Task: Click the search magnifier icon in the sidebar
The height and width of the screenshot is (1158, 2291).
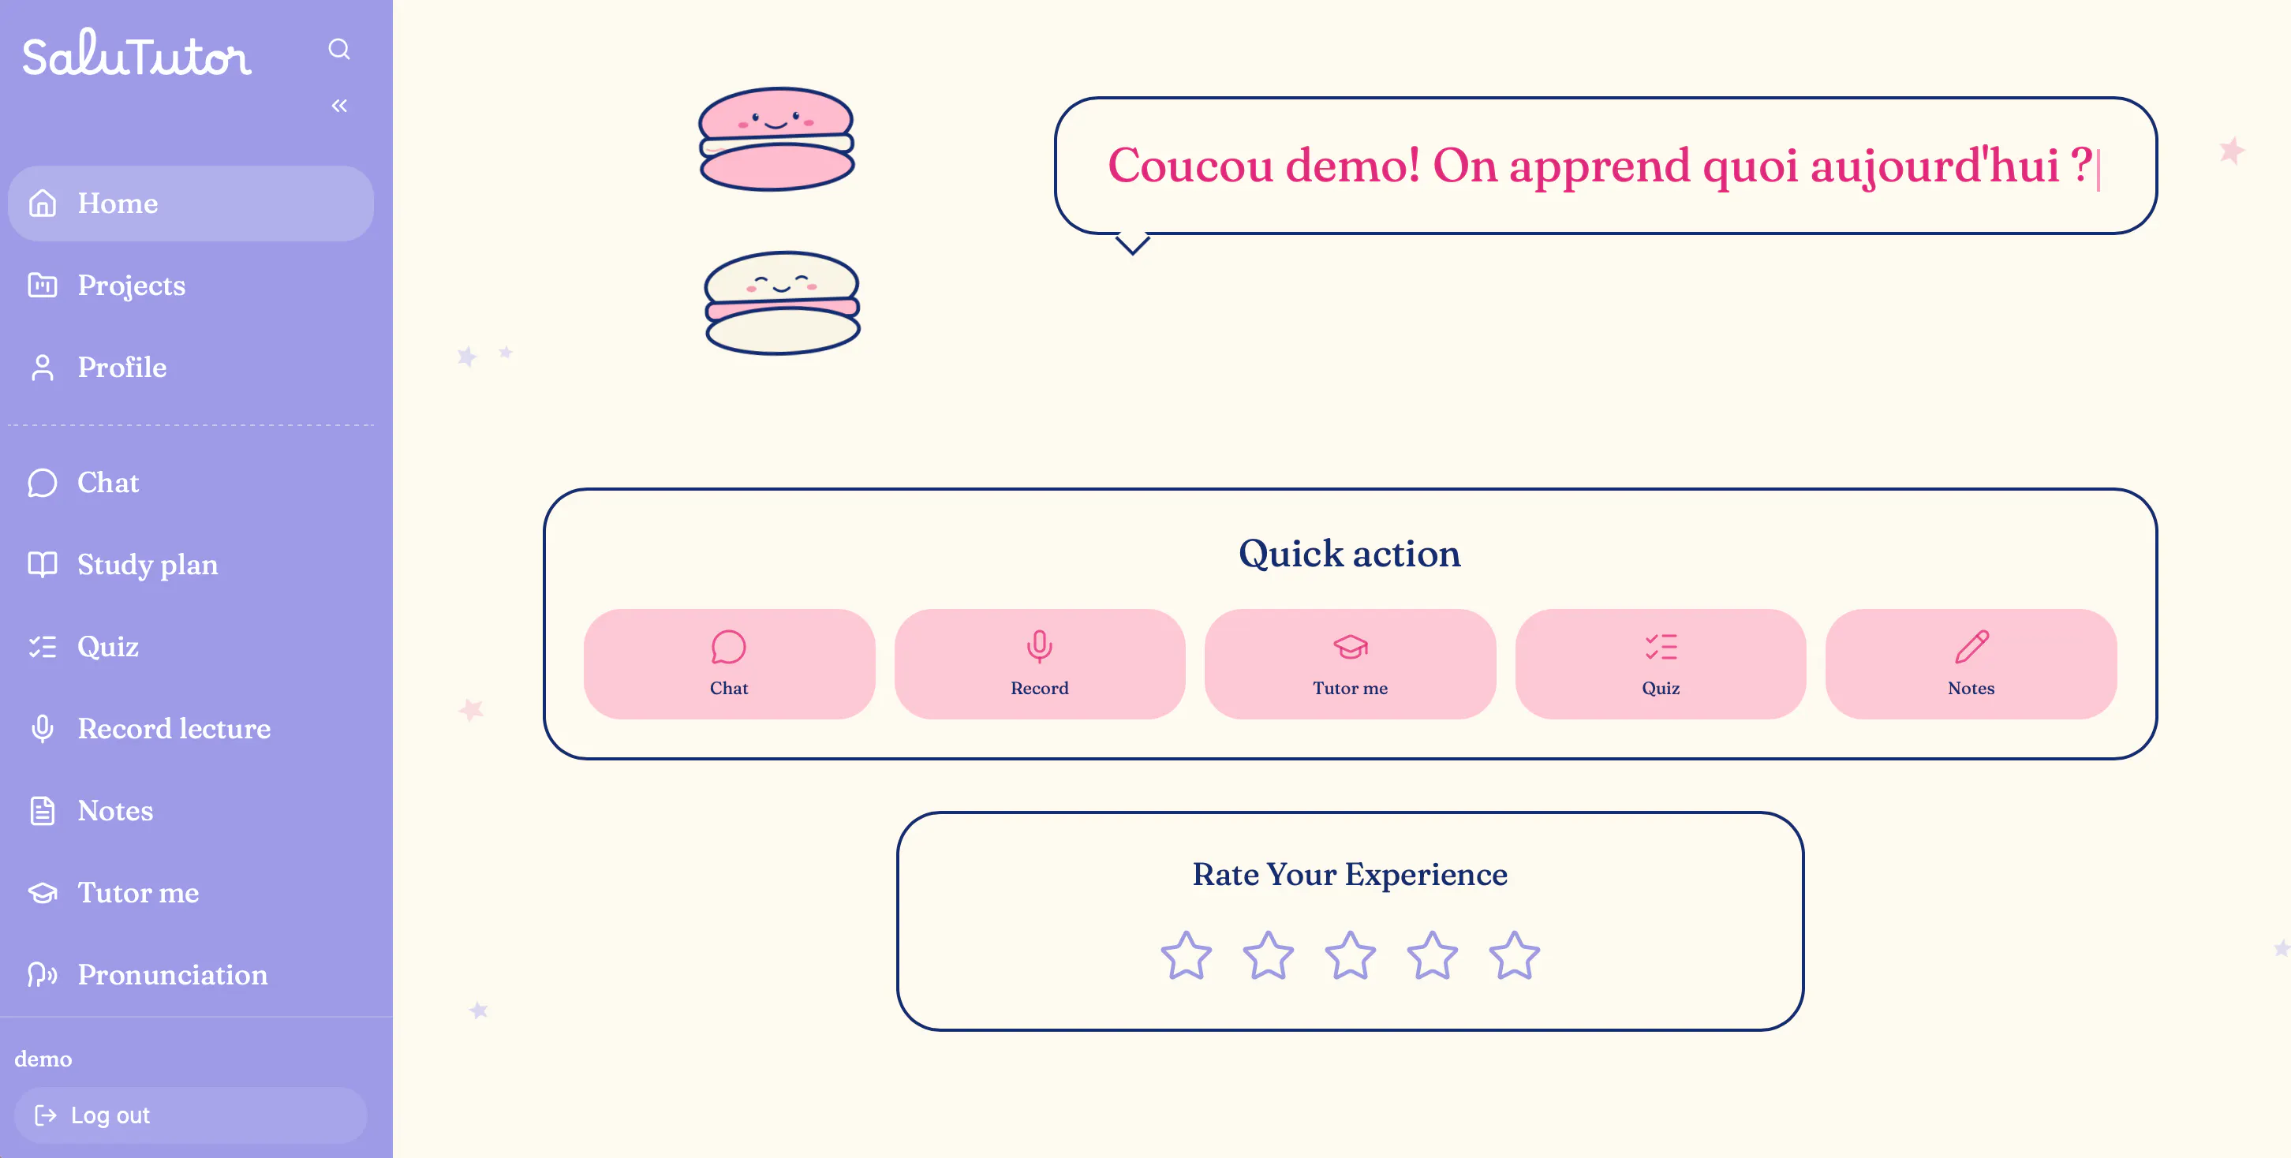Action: click(x=339, y=49)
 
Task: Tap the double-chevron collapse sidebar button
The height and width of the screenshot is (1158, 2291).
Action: click(x=339, y=106)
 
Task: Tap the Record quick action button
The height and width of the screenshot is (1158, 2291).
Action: click(x=1040, y=663)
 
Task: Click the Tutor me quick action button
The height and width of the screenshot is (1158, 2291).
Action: click(x=1350, y=663)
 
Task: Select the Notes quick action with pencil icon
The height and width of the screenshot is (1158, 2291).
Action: click(x=1971, y=663)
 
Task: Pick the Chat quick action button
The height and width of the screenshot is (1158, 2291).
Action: click(x=729, y=663)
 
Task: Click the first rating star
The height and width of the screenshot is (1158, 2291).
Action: click(x=1187, y=955)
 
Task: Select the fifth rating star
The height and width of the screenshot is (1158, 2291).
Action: click(x=1515, y=955)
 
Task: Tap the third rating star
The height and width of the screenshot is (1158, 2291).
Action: click(x=1350, y=955)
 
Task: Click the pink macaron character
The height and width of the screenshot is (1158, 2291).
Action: click(x=776, y=139)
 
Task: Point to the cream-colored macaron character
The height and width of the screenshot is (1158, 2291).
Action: click(x=782, y=302)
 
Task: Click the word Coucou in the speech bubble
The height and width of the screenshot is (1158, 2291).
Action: click(x=1190, y=166)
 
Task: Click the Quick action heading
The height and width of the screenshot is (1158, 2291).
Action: click(x=1350, y=553)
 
